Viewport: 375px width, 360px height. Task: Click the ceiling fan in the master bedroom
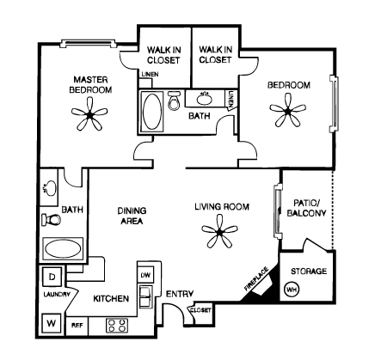(90, 114)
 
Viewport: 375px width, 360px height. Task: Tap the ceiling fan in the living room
(219, 232)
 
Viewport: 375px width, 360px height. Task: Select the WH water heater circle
(292, 290)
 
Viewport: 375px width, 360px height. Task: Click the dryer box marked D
(52, 277)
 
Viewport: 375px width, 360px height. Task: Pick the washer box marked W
(52, 323)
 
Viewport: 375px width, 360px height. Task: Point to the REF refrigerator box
(77, 326)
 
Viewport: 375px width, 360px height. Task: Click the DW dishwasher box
(145, 275)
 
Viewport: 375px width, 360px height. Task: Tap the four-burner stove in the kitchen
(117, 326)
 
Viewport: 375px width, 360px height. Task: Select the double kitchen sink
(146, 296)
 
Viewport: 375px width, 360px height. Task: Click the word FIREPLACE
(256, 278)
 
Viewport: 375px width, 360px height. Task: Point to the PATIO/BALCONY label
(307, 208)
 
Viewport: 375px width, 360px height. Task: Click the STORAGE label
(309, 271)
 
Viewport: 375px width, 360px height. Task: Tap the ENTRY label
(180, 294)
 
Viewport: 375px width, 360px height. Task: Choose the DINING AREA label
(132, 216)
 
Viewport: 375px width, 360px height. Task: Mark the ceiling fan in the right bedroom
(288, 111)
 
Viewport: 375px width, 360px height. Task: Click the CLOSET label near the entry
(200, 310)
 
